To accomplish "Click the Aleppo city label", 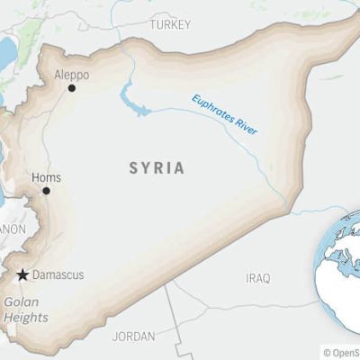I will (x=71, y=75).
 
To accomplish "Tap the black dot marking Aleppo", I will (x=72, y=88).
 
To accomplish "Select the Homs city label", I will (x=46, y=177).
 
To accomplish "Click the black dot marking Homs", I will (x=46, y=191).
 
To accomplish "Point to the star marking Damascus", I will (x=22, y=274).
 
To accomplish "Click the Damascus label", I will (x=58, y=274).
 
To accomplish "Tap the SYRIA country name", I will (x=157, y=168).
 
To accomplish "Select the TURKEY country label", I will (x=170, y=24).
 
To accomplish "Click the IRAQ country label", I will (x=257, y=278).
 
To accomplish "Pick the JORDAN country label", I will (x=133, y=336).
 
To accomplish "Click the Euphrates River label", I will (x=224, y=115).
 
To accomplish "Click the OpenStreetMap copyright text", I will (x=341, y=353).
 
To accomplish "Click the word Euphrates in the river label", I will (x=213, y=109).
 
